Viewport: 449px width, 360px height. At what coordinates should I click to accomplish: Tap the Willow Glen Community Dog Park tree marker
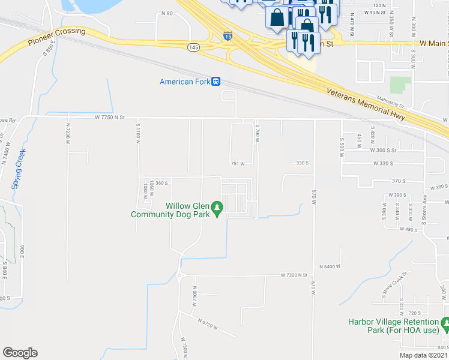[217, 208]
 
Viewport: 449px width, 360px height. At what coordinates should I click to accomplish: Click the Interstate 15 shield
[228, 36]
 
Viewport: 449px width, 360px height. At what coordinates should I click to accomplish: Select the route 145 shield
[193, 47]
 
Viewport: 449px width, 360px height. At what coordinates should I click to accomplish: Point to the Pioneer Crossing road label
[56, 37]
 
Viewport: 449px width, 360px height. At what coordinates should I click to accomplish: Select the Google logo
[20, 353]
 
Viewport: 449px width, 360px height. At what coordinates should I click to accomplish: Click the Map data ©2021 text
[423, 356]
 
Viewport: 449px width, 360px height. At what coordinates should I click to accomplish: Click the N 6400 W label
[330, 266]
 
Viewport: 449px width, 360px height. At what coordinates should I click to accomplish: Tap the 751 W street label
[238, 163]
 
